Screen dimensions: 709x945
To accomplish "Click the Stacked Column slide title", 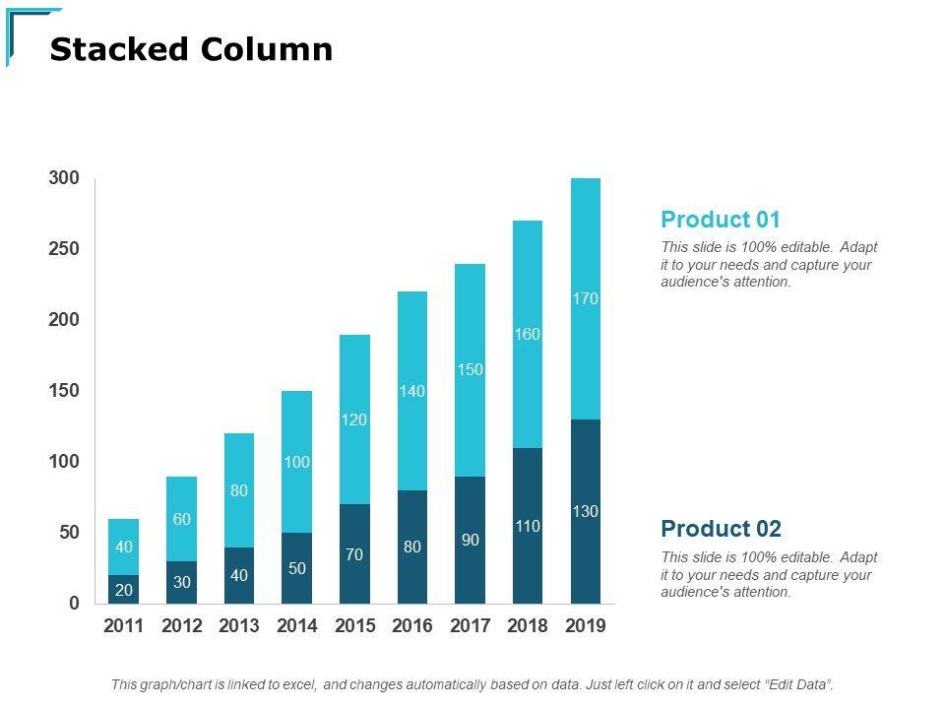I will click(x=191, y=49).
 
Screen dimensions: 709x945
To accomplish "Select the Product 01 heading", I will click(x=720, y=219).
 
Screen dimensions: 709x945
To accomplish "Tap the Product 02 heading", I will click(x=721, y=529).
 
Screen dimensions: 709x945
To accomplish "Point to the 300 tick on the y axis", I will click(x=63, y=178).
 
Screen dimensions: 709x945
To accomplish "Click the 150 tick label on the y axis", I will click(x=63, y=391).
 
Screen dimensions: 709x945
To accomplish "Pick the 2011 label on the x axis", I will click(x=123, y=626).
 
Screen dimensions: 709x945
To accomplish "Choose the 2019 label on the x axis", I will click(x=585, y=626).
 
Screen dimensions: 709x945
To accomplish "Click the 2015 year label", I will click(x=354, y=626).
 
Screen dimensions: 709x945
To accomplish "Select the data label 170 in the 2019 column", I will click(x=585, y=298).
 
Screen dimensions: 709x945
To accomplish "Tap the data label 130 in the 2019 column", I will click(x=585, y=511).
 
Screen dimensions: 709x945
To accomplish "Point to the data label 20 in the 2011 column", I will click(x=123, y=590).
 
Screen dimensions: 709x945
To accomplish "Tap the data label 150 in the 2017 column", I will click(x=470, y=369).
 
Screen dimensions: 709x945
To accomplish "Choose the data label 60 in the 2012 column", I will click(x=181, y=519).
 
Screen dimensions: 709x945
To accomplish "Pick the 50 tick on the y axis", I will click(x=68, y=533).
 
